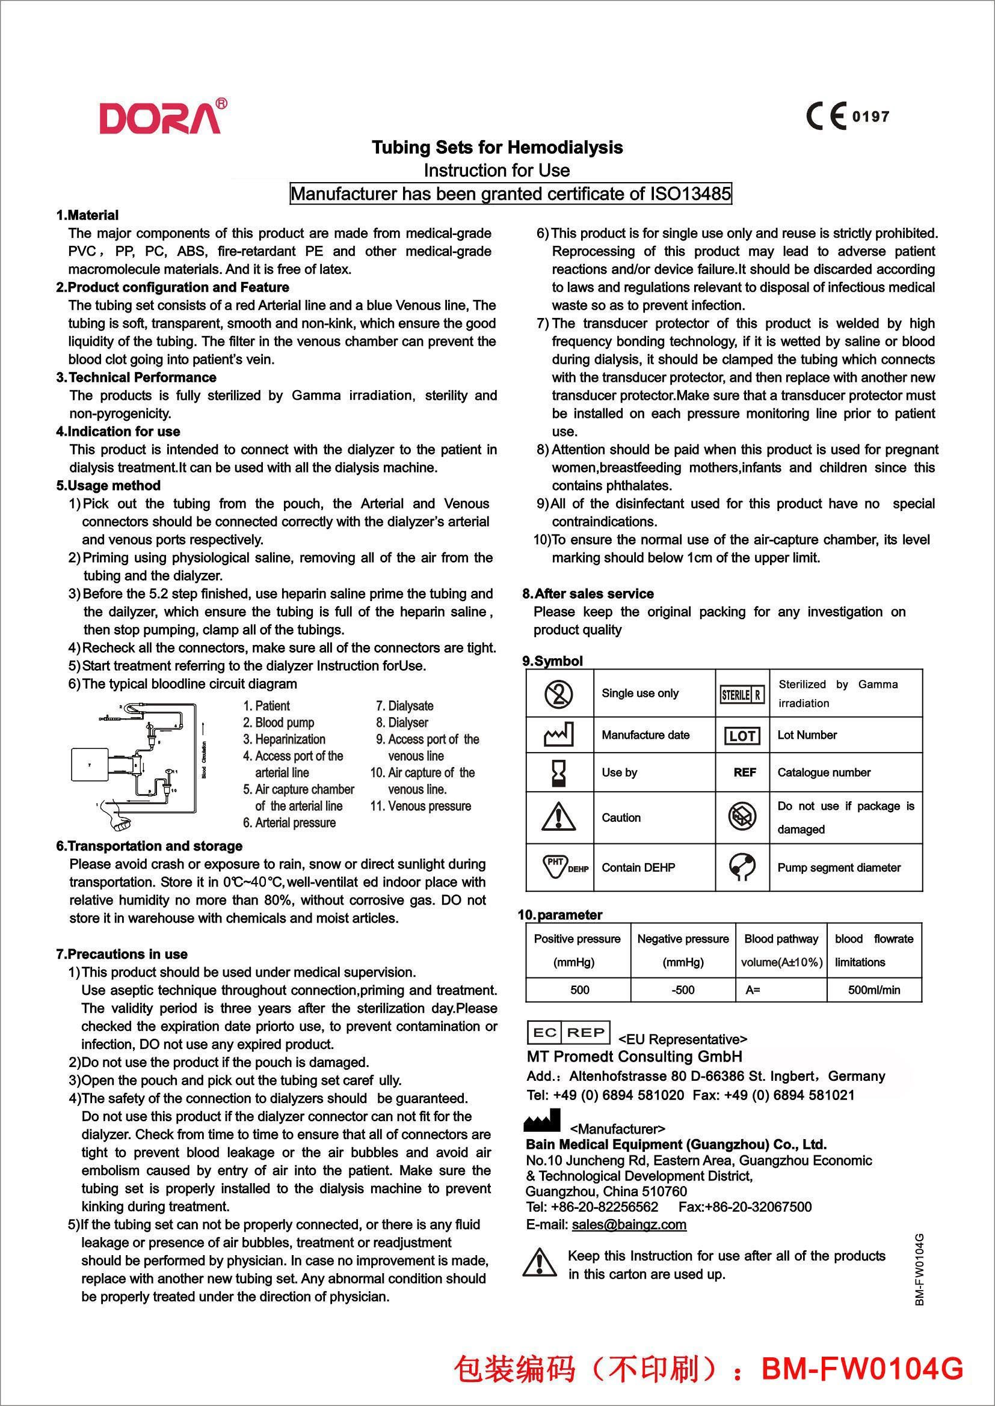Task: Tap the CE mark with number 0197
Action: (848, 117)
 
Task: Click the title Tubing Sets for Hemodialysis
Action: (498, 148)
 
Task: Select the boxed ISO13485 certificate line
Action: (510, 194)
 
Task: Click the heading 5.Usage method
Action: (108, 486)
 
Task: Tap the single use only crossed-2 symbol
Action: (559, 693)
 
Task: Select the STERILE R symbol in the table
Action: (742, 694)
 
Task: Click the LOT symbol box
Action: (742, 735)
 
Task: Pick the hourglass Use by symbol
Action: (559, 773)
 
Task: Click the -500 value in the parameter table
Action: (683, 990)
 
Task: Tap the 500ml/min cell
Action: (873, 990)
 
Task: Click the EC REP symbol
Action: (568, 1033)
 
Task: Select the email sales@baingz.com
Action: (629, 1224)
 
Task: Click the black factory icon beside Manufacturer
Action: (542, 1120)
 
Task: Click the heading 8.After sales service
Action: (588, 593)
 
